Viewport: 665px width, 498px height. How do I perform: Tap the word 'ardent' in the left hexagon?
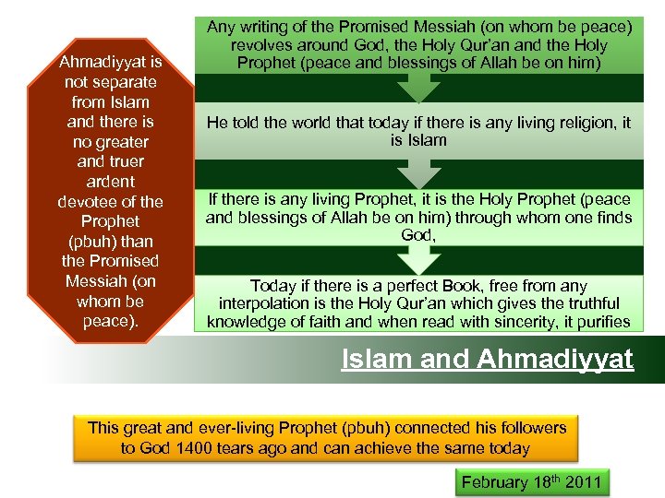click(110, 182)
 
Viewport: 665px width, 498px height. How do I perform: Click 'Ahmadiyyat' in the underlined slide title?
click(555, 359)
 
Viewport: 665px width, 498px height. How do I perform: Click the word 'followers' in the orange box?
click(531, 428)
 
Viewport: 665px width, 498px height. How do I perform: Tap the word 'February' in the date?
click(494, 481)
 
